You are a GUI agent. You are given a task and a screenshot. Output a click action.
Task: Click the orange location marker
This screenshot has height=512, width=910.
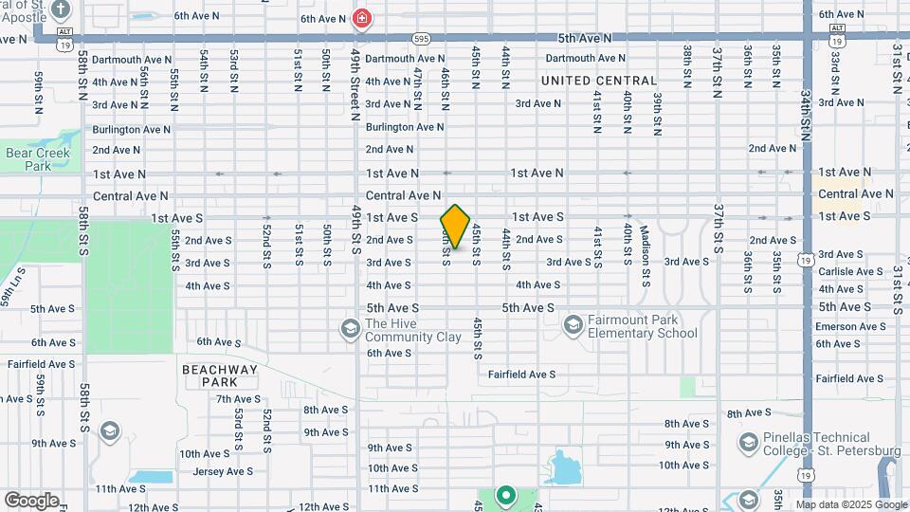pyautogui.click(x=455, y=227)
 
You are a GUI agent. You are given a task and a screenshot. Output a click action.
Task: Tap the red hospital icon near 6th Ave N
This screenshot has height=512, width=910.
pyautogui.click(x=361, y=17)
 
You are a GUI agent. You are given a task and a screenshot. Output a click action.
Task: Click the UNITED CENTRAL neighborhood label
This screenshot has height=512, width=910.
pyautogui.click(x=599, y=82)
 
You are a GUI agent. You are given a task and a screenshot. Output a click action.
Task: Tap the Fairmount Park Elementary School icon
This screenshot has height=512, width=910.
pyautogui.click(x=573, y=326)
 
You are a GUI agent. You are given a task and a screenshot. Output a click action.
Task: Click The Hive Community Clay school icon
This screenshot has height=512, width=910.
pyautogui.click(x=349, y=328)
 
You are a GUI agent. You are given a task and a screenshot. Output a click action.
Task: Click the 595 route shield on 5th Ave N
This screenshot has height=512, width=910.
pyautogui.click(x=422, y=38)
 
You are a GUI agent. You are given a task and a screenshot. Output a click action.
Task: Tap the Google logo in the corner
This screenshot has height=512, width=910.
pyautogui.click(x=31, y=501)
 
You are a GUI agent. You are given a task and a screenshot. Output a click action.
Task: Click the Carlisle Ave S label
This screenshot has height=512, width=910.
pyautogui.click(x=852, y=271)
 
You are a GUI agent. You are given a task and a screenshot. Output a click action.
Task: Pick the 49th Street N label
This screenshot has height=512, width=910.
pyautogui.click(x=356, y=84)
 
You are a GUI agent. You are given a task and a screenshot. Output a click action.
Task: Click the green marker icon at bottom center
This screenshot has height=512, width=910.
pyautogui.click(x=505, y=494)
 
